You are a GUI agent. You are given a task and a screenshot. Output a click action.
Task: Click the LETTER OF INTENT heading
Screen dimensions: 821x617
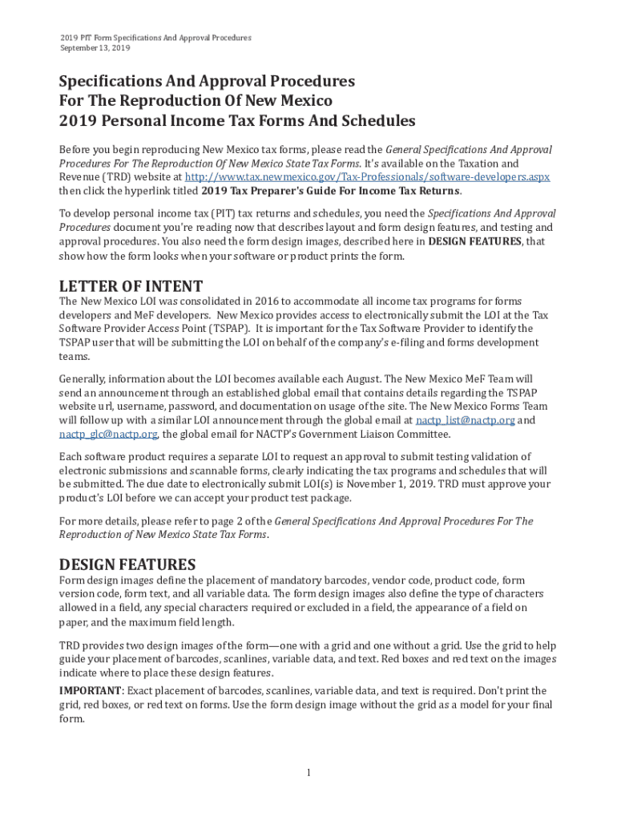pyautogui.click(x=131, y=286)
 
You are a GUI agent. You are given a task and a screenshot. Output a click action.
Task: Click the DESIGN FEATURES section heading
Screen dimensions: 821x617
pyautogui.click(x=127, y=564)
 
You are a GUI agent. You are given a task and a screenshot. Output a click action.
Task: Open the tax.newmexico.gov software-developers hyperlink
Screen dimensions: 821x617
pyautogui.click(x=367, y=176)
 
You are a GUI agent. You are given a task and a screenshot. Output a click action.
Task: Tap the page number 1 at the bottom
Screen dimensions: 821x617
pyautogui.click(x=308, y=772)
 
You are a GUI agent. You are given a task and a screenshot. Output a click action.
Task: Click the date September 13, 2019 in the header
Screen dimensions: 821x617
pyautogui.click(x=95, y=48)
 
